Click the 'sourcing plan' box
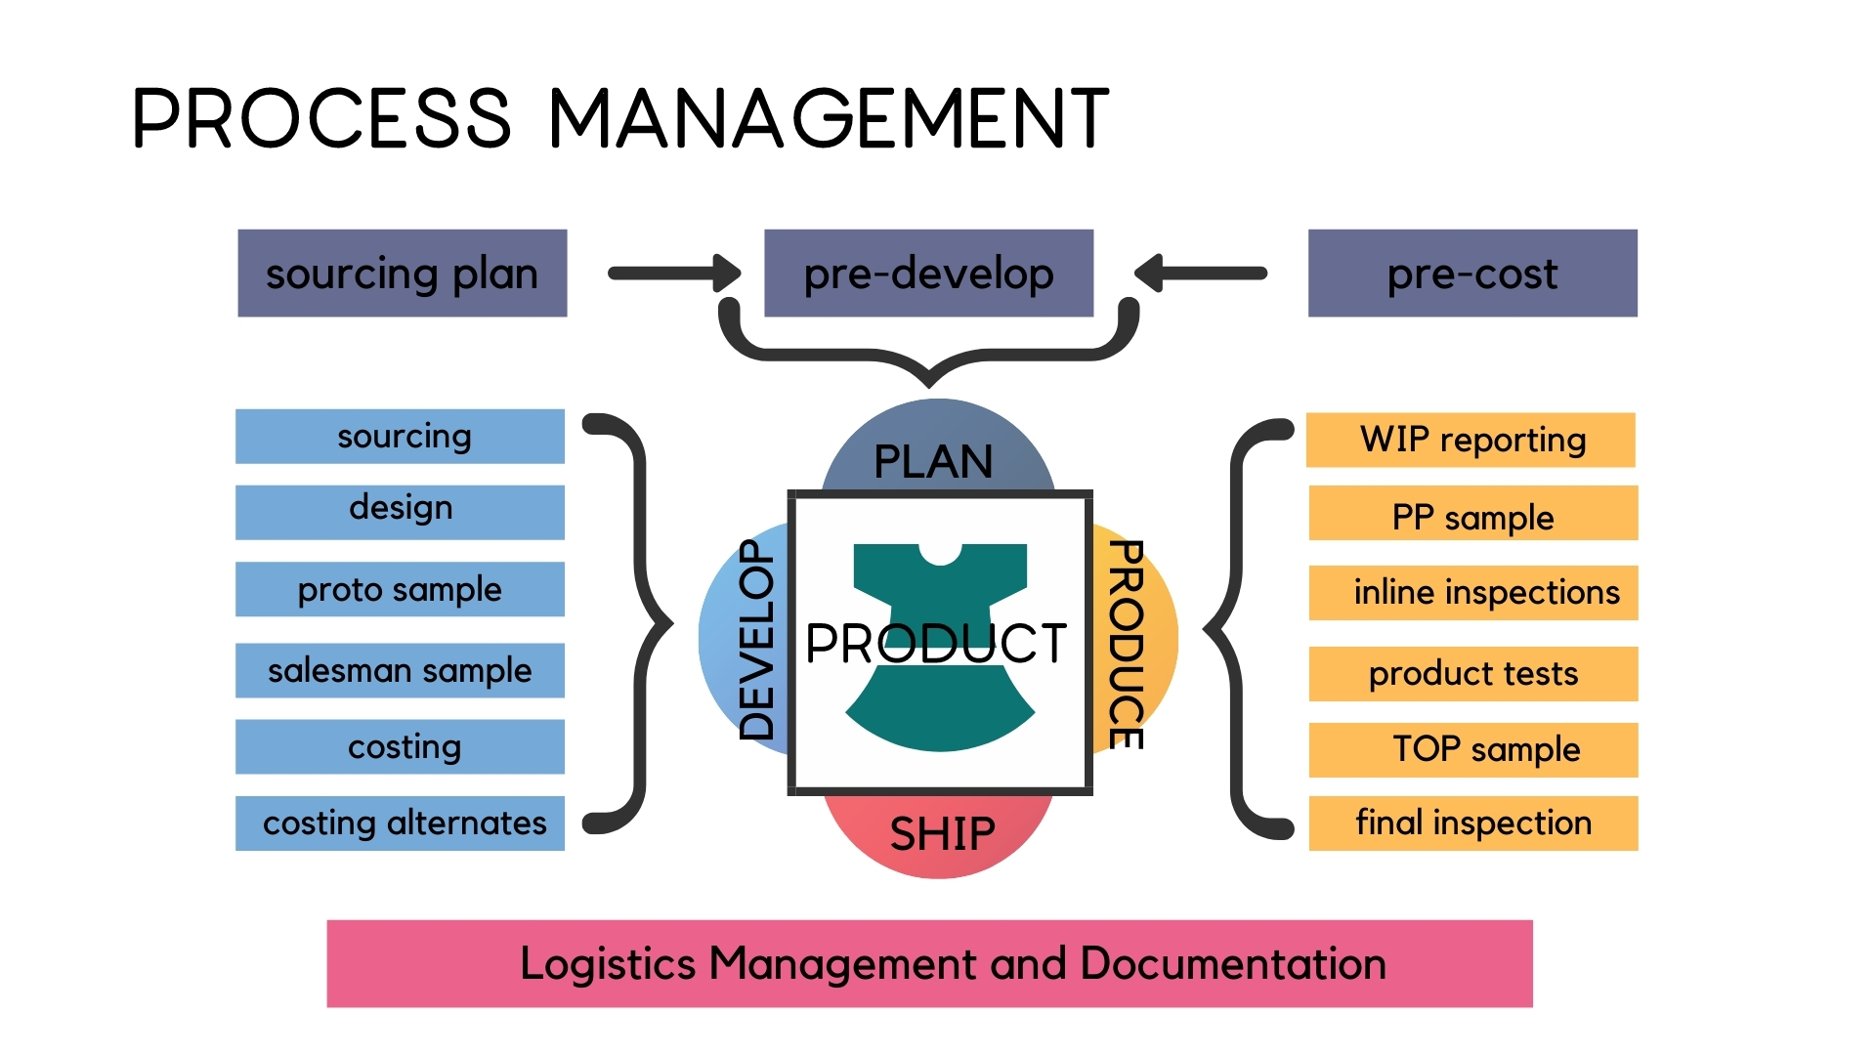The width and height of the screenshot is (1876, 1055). pos(402,274)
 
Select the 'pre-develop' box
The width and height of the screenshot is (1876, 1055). pos(928,274)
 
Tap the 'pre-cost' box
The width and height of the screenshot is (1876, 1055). pos(1472,274)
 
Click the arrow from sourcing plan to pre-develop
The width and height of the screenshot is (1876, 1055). pos(674,274)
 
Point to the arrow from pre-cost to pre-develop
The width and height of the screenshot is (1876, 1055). pos(1201,274)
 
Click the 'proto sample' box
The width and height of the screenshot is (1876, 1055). pos(400,589)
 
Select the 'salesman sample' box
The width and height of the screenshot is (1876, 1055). pos(400,670)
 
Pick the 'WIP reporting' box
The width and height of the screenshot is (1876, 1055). pos(1471,440)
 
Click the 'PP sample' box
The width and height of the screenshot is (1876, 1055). pos(1473,517)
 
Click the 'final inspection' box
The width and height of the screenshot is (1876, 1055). pos(1473,823)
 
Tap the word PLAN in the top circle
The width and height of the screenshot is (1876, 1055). pos(934,461)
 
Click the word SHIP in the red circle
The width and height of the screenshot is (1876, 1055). pos(942,834)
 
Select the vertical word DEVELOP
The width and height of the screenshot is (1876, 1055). pos(756,640)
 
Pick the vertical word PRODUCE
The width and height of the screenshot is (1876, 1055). pos(1127,645)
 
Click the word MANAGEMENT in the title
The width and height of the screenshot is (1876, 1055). pos(829,119)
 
